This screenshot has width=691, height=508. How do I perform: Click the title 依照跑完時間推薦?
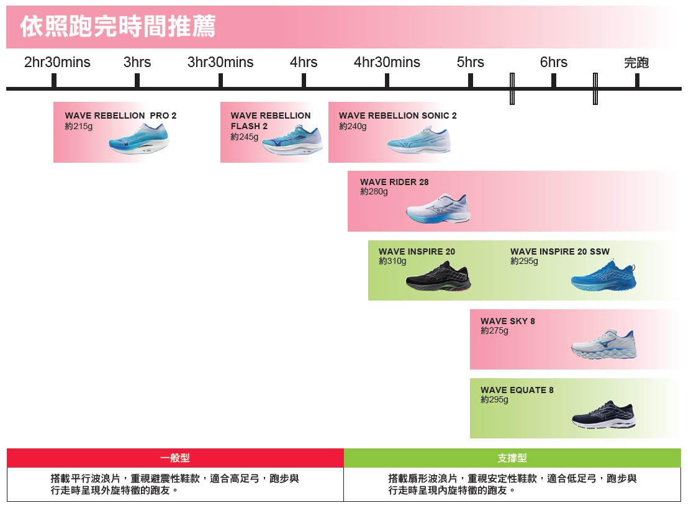118,27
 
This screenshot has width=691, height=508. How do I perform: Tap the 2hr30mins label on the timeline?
57,63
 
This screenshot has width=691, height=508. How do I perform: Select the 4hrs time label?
304,63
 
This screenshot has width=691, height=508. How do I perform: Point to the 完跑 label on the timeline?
636,63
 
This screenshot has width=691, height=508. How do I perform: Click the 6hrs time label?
554,63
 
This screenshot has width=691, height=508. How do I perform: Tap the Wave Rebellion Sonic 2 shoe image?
419,141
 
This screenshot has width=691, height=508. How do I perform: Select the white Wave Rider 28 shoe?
438,209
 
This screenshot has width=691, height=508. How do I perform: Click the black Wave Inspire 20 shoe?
438,277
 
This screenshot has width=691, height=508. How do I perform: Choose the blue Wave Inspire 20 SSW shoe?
603,277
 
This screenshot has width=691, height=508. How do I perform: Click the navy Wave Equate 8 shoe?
603,415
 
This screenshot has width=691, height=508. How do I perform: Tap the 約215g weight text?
79,126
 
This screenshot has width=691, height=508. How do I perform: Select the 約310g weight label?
392,261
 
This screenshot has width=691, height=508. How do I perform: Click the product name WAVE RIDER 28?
394,182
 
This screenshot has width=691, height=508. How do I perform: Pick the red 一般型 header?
175,458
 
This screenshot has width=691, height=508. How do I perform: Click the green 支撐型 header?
512,458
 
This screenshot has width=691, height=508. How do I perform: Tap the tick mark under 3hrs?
137,81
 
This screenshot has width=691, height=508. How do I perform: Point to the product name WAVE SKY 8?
507,321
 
